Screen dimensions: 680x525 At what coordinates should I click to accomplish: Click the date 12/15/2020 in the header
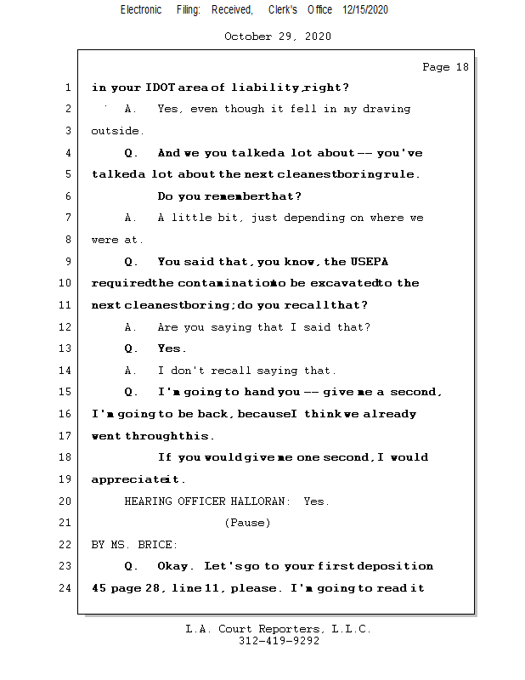pyautogui.click(x=365, y=9)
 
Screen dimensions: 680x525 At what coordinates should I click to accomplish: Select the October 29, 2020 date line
pyautogui.click(x=278, y=37)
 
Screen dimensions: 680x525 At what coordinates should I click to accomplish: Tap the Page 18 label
pyautogui.click(x=445, y=67)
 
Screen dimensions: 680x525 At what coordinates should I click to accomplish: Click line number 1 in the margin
pyautogui.click(x=67, y=88)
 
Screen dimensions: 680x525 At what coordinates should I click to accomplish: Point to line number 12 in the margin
pyautogui.click(x=65, y=327)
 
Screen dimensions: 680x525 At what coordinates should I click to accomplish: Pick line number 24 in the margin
pyautogui.click(x=65, y=587)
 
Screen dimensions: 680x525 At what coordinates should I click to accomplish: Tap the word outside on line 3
pyautogui.click(x=117, y=131)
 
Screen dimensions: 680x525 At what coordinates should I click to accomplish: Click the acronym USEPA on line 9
pyautogui.click(x=371, y=262)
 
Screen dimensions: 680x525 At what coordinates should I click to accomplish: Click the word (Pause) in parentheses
pyautogui.click(x=247, y=523)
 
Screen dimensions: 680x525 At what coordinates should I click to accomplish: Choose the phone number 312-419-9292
pyautogui.click(x=279, y=641)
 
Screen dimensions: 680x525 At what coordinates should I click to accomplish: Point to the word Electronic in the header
pyautogui.click(x=141, y=9)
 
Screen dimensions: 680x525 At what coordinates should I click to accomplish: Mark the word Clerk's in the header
pyautogui.click(x=283, y=9)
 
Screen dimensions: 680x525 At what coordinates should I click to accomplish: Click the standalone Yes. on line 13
pyautogui.click(x=172, y=348)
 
